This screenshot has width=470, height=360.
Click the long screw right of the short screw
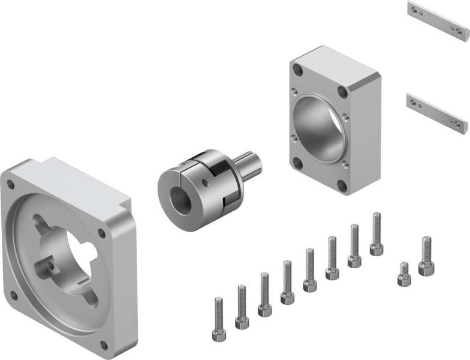tap(426, 256)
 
